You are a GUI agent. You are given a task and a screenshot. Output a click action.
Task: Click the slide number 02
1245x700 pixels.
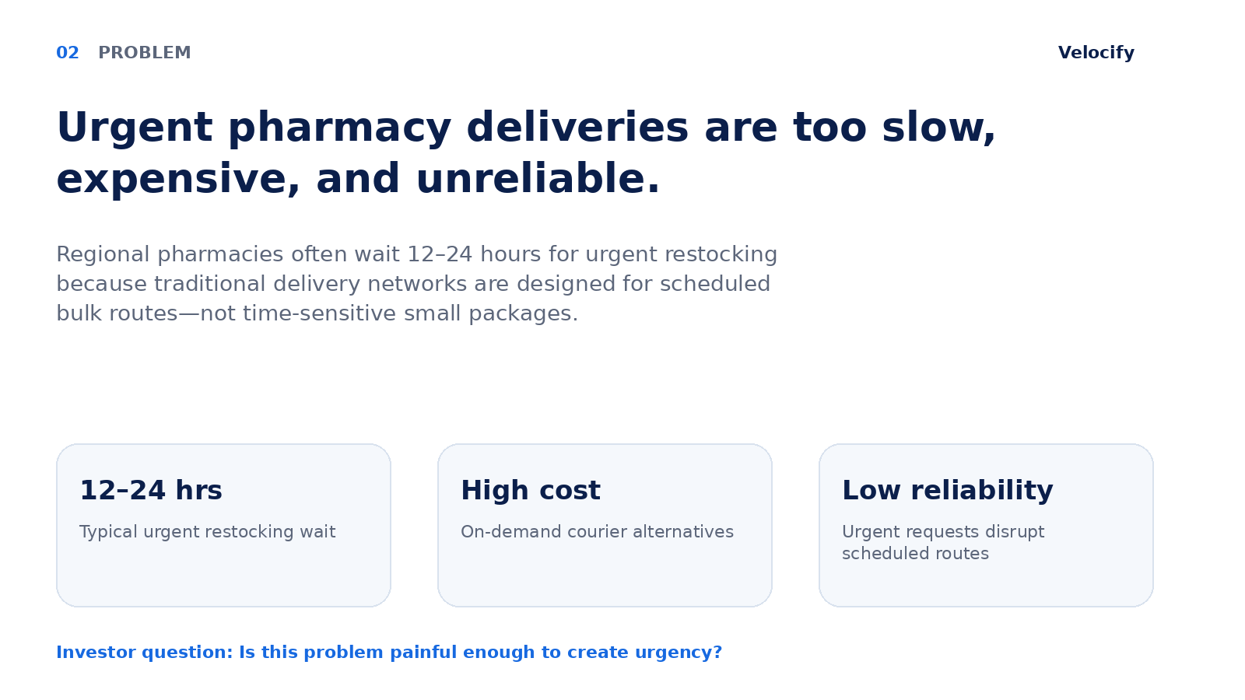(x=68, y=53)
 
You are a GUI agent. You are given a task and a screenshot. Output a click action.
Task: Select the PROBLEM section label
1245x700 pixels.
(x=145, y=53)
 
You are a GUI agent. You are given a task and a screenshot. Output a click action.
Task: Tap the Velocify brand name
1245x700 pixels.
(x=1096, y=53)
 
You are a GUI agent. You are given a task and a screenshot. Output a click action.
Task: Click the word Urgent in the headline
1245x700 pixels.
(x=135, y=128)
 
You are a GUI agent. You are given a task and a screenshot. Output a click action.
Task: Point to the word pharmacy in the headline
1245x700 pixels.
(x=339, y=128)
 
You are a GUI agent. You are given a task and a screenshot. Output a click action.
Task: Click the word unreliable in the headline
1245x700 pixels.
(x=538, y=179)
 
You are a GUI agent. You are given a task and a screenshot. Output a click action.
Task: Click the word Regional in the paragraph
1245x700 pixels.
(x=103, y=255)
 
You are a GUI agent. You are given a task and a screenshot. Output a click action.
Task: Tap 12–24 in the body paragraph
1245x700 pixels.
(x=440, y=254)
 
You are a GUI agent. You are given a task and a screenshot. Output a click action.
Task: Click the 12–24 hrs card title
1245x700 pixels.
(x=151, y=491)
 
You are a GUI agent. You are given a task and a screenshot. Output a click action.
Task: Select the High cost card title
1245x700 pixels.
(x=531, y=491)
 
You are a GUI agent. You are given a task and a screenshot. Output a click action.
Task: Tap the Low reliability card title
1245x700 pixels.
(x=948, y=491)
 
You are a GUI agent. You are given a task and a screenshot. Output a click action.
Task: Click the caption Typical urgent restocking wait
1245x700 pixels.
(x=207, y=532)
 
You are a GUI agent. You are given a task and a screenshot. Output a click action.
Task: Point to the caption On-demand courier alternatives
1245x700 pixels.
(x=598, y=532)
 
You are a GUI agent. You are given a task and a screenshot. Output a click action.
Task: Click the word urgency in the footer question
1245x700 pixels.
(x=679, y=653)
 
